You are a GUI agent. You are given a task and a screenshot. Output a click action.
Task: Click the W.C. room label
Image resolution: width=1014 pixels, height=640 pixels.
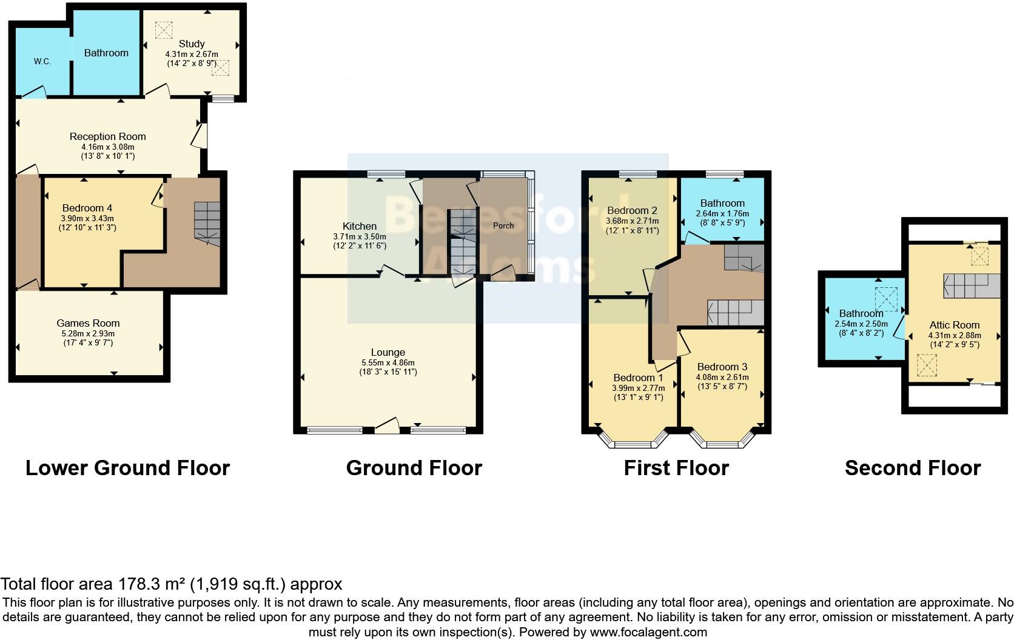tap(42, 61)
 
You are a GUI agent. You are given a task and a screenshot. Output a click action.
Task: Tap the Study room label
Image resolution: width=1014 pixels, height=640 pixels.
tap(192, 44)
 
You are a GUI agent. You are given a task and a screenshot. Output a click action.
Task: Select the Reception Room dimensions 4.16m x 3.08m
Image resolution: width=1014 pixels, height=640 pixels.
tap(107, 147)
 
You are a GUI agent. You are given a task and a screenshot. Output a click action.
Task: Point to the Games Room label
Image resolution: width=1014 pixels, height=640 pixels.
tap(88, 323)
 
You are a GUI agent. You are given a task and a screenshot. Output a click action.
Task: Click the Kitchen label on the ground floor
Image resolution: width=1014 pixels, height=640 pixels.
tap(359, 226)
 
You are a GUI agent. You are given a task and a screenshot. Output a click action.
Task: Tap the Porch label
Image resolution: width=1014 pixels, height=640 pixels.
tap(503, 225)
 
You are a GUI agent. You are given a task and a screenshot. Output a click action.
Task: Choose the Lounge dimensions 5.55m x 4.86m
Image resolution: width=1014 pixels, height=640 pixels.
tap(388, 362)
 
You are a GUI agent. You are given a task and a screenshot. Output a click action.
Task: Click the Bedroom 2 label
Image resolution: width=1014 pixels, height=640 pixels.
tap(633, 210)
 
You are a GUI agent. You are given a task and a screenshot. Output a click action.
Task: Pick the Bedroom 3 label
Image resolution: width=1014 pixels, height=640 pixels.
tap(722, 367)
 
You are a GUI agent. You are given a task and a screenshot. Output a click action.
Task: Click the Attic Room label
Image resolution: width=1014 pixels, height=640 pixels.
tap(954, 325)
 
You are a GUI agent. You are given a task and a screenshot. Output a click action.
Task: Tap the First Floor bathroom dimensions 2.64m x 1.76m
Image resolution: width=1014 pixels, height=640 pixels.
tap(722, 213)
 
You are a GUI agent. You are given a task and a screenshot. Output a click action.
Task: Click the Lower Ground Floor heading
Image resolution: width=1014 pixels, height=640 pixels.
tap(127, 468)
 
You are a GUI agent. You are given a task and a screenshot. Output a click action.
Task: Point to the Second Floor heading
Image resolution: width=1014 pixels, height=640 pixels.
tap(912, 468)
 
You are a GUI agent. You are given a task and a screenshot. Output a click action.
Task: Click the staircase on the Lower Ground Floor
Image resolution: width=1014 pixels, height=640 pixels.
tap(207, 222)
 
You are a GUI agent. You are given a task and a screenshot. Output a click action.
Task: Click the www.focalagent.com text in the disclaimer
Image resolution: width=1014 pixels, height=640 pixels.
tap(648, 632)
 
